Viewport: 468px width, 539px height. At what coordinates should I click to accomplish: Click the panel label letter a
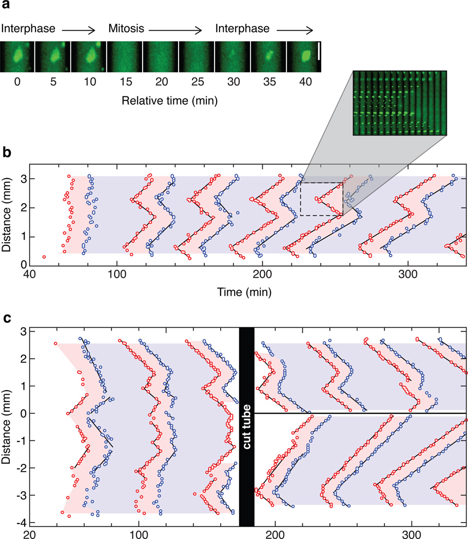pos(5,7)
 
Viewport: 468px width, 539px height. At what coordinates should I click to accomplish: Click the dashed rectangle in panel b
pos(322,199)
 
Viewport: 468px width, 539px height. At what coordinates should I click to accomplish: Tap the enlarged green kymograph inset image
pos(400,103)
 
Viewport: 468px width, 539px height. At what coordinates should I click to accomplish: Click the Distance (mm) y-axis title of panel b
pos(7,215)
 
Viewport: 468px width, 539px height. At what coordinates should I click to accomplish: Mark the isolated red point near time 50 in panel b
pos(44,257)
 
